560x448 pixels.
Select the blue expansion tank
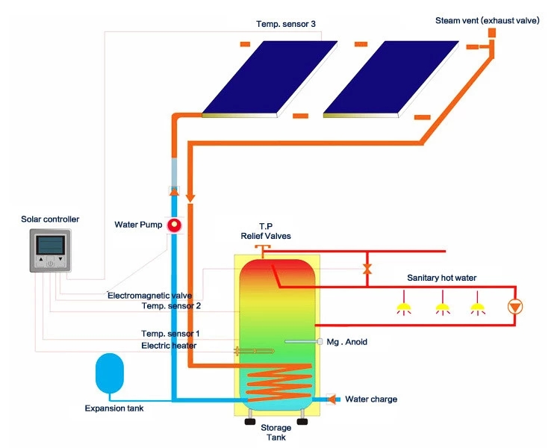pos(112,373)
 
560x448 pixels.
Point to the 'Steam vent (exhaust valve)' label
pos(487,21)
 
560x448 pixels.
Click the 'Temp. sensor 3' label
pos(286,24)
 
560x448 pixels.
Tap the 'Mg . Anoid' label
pos(347,342)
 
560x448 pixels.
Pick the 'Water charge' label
pos(370,399)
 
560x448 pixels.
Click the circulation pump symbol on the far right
pos(515,307)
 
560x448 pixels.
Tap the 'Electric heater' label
pos(169,346)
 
